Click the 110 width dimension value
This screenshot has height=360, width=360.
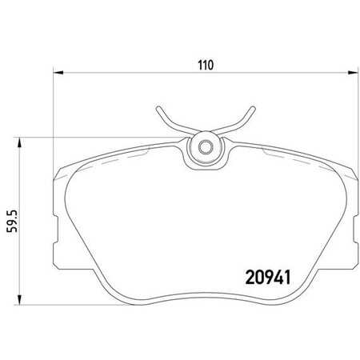207,66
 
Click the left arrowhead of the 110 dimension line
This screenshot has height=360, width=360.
55,74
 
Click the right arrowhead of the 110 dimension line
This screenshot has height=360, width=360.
357,74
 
